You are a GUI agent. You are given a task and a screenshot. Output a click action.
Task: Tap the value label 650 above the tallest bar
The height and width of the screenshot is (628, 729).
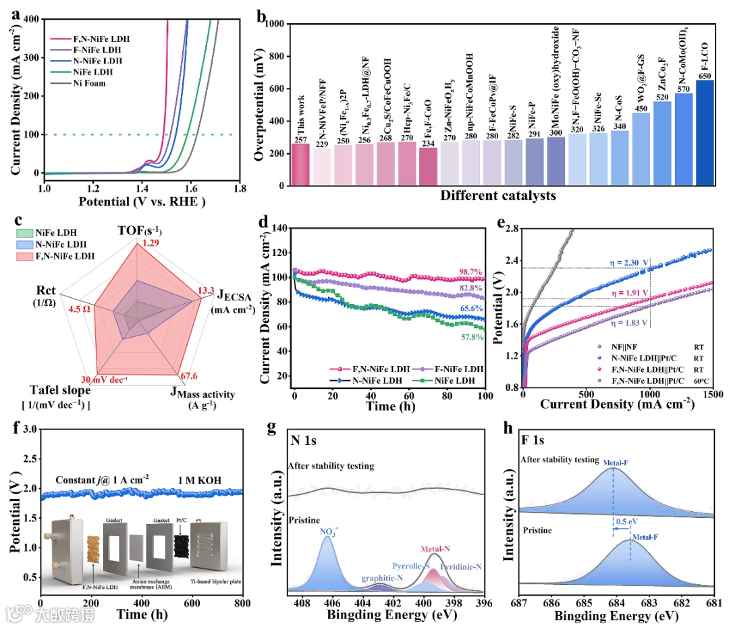[x=705, y=75]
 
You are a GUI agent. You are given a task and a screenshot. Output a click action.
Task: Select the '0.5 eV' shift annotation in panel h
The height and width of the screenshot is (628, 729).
[x=623, y=522]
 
